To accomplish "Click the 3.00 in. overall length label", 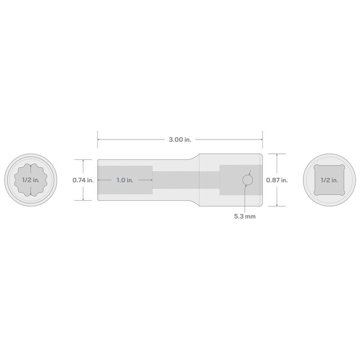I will tap(180, 140).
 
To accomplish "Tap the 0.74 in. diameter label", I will tap(83, 180).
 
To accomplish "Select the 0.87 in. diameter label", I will tap(277, 180).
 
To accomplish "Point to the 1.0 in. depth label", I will tap(124, 180).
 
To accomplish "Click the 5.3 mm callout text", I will tap(245, 216).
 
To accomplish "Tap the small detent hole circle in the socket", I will tap(247, 180).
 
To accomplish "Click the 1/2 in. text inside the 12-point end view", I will tap(30, 180).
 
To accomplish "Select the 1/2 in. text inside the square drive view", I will tap(329, 180).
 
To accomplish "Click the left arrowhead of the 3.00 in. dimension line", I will tap(99, 140).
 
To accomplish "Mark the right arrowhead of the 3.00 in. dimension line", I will tap(261, 140).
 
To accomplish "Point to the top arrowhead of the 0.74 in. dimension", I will tap(83, 161).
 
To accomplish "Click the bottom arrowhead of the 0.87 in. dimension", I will tap(277, 205).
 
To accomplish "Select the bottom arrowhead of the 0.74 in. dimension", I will tap(83, 199).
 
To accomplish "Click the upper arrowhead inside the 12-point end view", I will tap(30, 166).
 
